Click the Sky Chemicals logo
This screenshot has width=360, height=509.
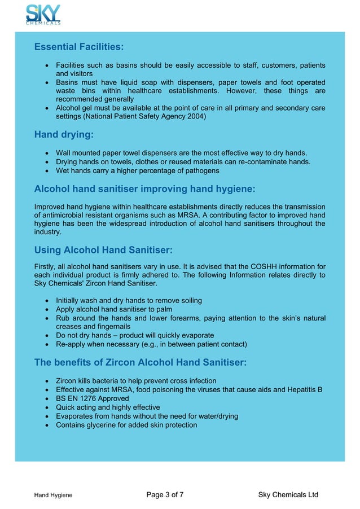pos(43,15)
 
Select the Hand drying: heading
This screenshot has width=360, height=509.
pos(64,135)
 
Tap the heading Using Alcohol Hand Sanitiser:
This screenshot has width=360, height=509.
pos(103,249)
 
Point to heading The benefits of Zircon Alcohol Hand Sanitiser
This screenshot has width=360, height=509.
pos(140,362)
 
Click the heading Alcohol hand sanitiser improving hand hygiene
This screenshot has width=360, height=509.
pos(144,188)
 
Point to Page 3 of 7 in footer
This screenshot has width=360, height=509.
pos(165,495)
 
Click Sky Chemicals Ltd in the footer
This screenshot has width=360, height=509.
pos(288,495)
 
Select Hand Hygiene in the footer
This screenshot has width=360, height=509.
pos(53,495)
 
